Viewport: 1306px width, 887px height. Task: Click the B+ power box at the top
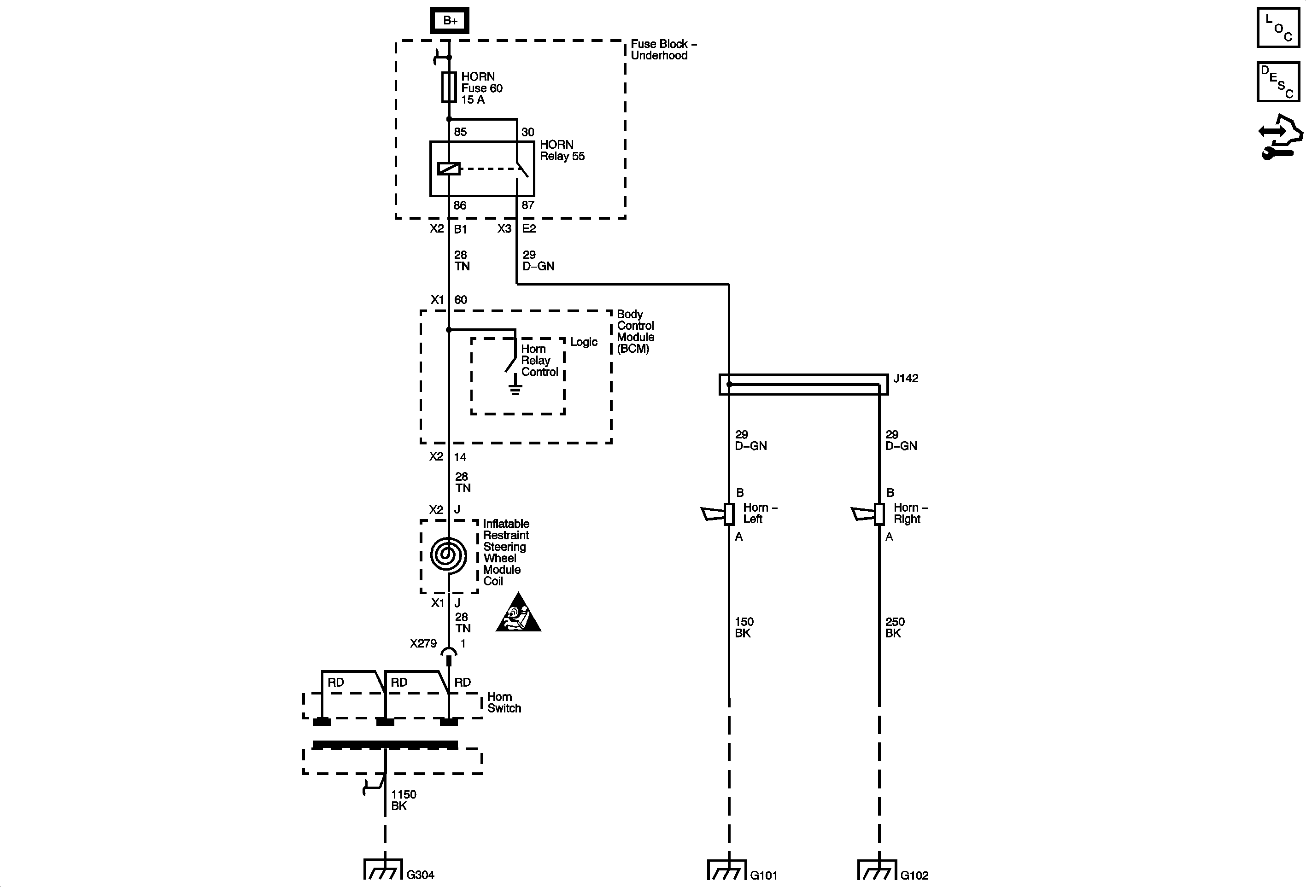click(449, 21)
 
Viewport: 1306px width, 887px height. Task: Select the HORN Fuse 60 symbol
click(448, 87)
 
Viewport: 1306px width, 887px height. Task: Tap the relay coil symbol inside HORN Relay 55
click(448, 169)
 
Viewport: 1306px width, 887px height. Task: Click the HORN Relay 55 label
click(562, 151)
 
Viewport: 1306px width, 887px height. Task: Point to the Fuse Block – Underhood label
click(663, 49)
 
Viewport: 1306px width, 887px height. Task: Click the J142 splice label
click(905, 379)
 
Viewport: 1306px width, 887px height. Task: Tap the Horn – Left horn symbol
click(719, 514)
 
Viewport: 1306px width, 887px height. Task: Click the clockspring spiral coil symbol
click(448, 555)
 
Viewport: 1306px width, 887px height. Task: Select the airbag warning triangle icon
click(518, 613)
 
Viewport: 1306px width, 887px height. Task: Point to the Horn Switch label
click(504, 703)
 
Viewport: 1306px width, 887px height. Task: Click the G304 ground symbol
click(383, 869)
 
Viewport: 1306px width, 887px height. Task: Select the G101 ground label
click(764, 875)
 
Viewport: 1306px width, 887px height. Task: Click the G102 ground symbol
click(877, 869)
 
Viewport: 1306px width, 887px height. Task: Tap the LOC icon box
click(1278, 27)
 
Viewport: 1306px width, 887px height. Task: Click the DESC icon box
click(1278, 82)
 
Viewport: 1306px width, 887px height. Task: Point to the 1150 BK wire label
click(403, 800)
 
